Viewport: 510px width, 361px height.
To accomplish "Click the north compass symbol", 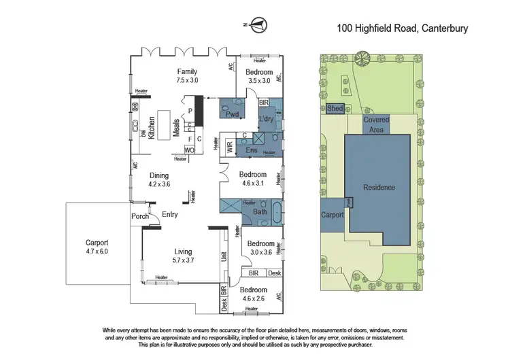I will pyautogui.click(x=257, y=27).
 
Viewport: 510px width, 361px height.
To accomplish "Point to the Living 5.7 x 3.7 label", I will pyautogui.click(x=182, y=255).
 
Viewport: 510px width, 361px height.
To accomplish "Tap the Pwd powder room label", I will pyautogui.click(x=232, y=114).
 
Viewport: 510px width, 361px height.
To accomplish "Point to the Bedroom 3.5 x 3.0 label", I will pyautogui.click(x=259, y=75).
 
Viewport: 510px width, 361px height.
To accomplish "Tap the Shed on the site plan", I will pyautogui.click(x=335, y=108).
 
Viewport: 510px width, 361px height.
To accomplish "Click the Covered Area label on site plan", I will pyautogui.click(x=376, y=124).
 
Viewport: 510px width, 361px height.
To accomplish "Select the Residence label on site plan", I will pyautogui.click(x=379, y=188).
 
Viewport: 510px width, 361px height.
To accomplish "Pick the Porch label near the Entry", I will pyautogui.click(x=140, y=217).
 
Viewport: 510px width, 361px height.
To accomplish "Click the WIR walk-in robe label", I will pyautogui.click(x=229, y=145).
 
